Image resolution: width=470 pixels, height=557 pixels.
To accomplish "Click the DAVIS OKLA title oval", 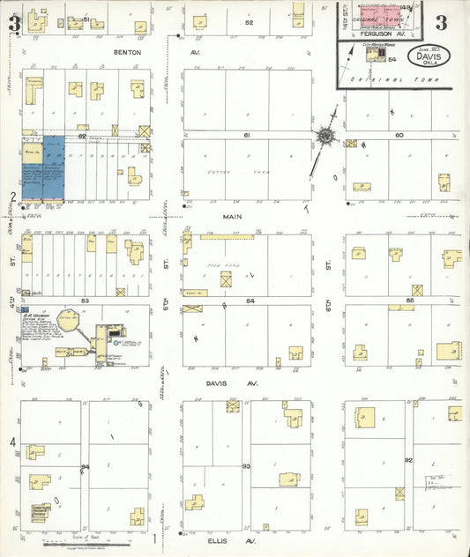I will click(429, 56).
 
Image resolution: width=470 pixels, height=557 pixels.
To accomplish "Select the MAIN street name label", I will click(232, 215).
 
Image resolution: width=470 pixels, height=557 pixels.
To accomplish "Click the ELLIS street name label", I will click(219, 540).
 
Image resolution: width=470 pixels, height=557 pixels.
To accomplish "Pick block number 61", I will click(248, 135).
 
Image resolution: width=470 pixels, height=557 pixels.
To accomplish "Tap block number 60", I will click(399, 135).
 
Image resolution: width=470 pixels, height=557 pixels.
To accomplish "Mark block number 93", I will click(247, 464).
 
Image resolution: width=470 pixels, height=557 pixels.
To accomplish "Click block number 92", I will click(408, 460).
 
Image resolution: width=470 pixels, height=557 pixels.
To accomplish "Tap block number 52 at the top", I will click(250, 22).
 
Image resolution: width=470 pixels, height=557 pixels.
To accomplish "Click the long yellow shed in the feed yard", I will click(227, 237).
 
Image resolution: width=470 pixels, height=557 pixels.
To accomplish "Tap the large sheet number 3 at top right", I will click(440, 22).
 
